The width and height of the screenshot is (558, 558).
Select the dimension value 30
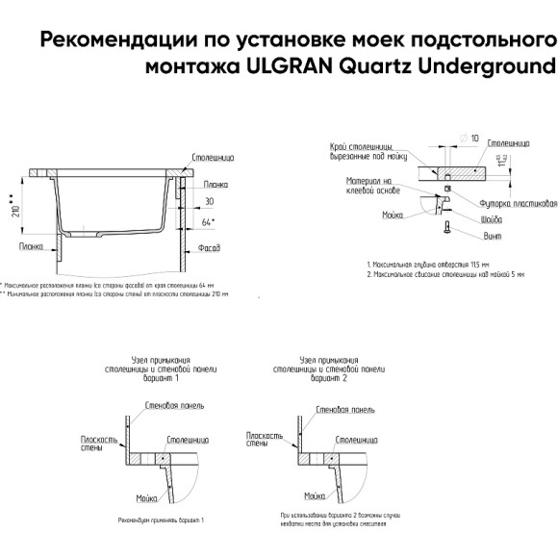pyautogui.click(x=209, y=201)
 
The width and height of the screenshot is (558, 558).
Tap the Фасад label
pyautogui.click(x=209, y=248)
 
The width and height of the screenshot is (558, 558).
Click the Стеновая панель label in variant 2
pyautogui.click(x=346, y=408)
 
